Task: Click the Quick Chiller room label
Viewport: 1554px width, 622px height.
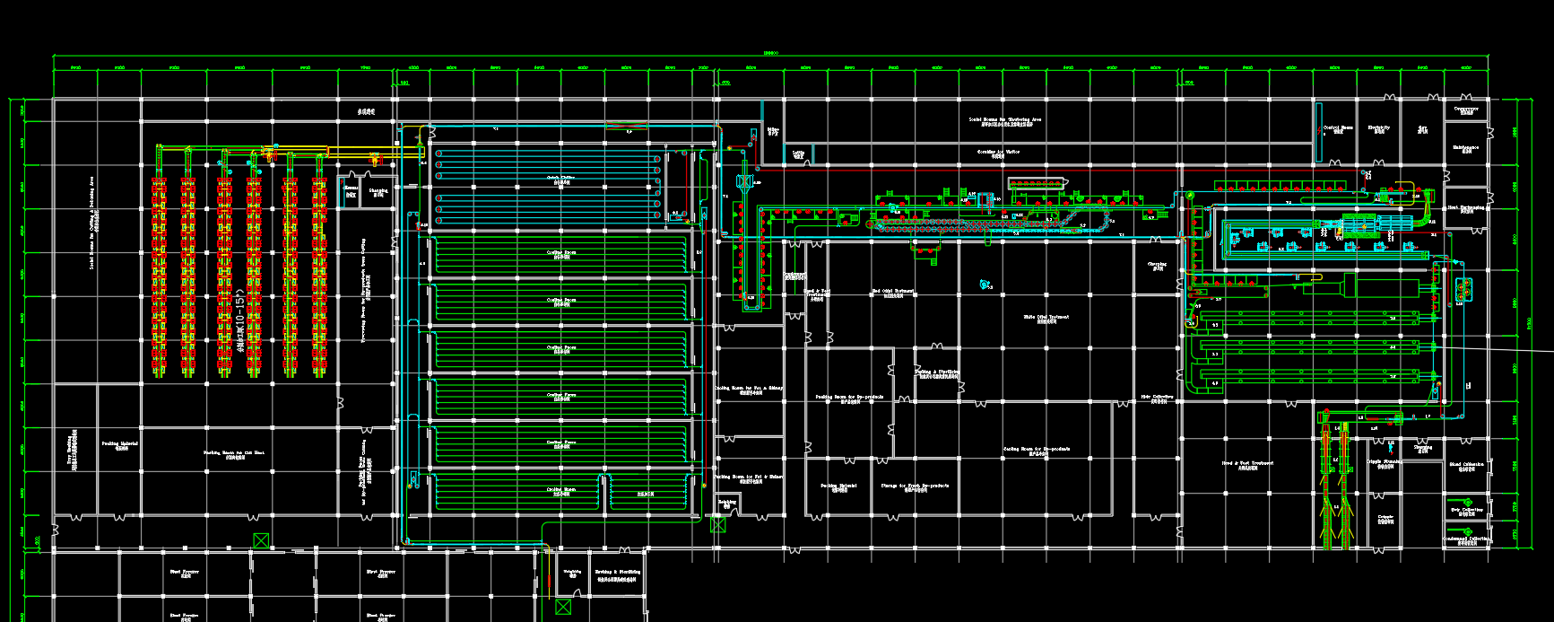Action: coord(561,178)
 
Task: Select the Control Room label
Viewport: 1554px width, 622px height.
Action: coord(1338,128)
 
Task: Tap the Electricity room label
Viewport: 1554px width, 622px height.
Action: coord(1379,128)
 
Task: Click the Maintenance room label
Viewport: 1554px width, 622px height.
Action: coord(1466,148)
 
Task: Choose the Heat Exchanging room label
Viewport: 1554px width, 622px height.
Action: coord(1466,208)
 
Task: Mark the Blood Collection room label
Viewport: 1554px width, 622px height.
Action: coord(1466,465)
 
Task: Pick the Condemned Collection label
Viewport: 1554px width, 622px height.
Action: coord(1466,539)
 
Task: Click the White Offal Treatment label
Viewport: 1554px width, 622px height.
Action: coord(1046,317)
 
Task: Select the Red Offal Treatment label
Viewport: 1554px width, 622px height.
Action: coord(893,292)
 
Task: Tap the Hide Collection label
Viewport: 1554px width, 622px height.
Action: coord(1158,397)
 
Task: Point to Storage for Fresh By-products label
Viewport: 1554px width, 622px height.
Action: coord(915,486)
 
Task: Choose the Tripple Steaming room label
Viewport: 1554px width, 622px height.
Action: coord(1385,462)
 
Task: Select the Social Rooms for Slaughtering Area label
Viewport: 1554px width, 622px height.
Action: coord(1004,120)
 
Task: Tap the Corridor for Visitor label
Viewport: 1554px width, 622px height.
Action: coord(998,153)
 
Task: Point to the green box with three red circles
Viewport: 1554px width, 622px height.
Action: coord(1464,289)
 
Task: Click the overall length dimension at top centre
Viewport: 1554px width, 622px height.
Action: coord(770,53)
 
